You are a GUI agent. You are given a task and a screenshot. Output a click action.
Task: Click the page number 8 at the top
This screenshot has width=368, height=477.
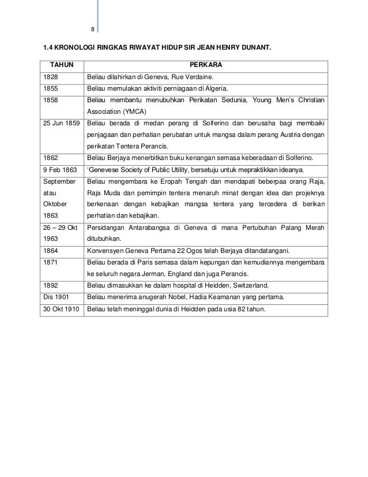coord(93,31)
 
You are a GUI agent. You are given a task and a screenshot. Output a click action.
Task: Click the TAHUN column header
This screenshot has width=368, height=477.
coord(60,66)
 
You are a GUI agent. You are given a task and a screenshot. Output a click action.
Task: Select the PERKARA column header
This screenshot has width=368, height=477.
coord(206,66)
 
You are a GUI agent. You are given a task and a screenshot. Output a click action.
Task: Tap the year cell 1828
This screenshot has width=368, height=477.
coord(51,77)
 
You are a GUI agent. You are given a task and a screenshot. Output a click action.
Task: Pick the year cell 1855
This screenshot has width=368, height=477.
coord(51,89)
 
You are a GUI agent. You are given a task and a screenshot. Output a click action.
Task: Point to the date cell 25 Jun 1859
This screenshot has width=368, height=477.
coord(60,123)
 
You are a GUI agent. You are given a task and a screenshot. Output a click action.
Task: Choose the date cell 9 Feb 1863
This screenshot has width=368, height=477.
coord(58,169)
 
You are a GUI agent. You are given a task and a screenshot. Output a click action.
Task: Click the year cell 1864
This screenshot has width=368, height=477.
coord(51,251)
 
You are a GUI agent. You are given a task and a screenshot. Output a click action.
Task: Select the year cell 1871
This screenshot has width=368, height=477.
coord(51,263)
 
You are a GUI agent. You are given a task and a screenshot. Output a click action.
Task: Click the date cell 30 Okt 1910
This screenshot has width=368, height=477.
coord(60,309)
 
